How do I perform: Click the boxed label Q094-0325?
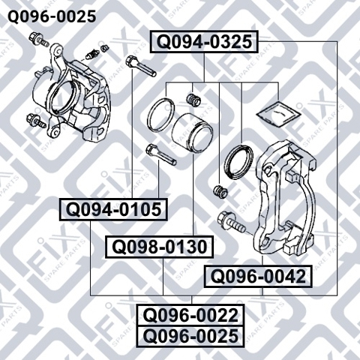point(204,42)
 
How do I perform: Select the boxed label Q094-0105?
point(113,209)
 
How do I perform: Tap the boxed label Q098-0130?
point(160,247)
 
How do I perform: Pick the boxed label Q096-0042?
point(258,276)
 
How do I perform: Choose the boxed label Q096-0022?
point(190,315)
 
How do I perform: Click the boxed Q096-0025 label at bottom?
point(190,336)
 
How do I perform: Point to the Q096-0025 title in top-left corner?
point(52,16)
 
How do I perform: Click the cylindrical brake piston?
point(193,133)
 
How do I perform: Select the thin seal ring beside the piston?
point(160,115)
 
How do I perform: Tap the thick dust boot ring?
point(238,161)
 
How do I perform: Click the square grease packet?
point(278,114)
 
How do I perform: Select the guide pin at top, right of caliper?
point(141,66)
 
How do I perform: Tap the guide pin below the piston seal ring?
point(160,154)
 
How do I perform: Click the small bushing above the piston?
point(193,99)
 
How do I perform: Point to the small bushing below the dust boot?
point(220,192)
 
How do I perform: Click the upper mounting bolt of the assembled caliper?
point(38,40)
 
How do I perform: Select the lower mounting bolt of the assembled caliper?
point(37,120)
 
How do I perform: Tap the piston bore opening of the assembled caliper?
point(64,97)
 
